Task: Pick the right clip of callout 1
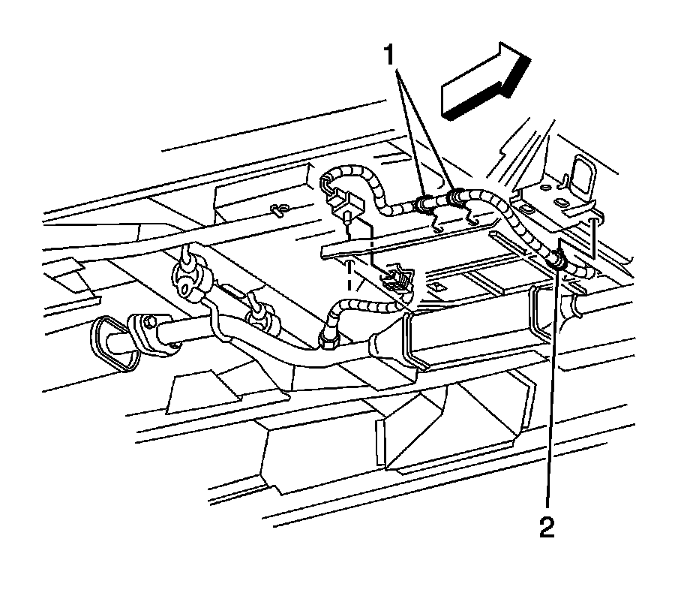coord(456,198)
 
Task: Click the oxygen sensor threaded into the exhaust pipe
coord(328,339)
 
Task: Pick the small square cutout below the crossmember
coord(436,286)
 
